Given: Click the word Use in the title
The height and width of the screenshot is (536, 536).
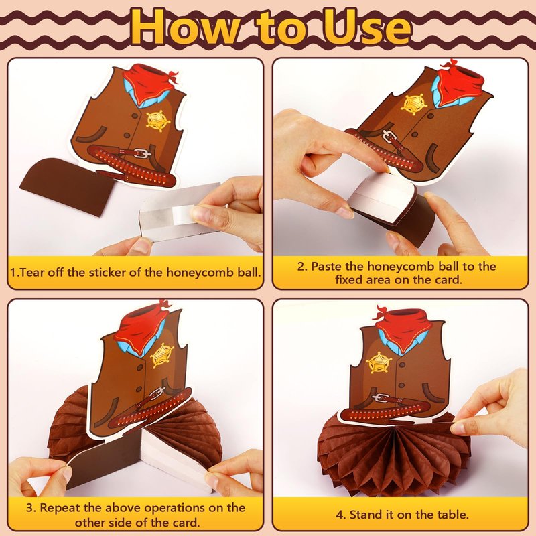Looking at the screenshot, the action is pyautogui.click(x=366, y=27).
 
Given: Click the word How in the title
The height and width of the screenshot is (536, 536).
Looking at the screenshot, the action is pyautogui.click(x=182, y=27).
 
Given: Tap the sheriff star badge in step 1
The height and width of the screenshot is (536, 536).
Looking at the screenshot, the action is pyautogui.click(x=158, y=121).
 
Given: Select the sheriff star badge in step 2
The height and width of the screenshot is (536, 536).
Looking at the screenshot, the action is pyautogui.click(x=413, y=104).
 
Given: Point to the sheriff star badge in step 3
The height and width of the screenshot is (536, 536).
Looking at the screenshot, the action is pyautogui.click(x=161, y=356).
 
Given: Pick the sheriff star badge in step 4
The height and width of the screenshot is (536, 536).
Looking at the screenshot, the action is pyautogui.click(x=379, y=362).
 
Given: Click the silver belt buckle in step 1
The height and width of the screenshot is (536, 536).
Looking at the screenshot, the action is pyautogui.click(x=143, y=153).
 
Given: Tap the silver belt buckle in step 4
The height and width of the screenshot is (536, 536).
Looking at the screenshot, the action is pyautogui.click(x=381, y=397).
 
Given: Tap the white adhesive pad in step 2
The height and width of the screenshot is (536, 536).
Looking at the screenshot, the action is pyautogui.click(x=379, y=195).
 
